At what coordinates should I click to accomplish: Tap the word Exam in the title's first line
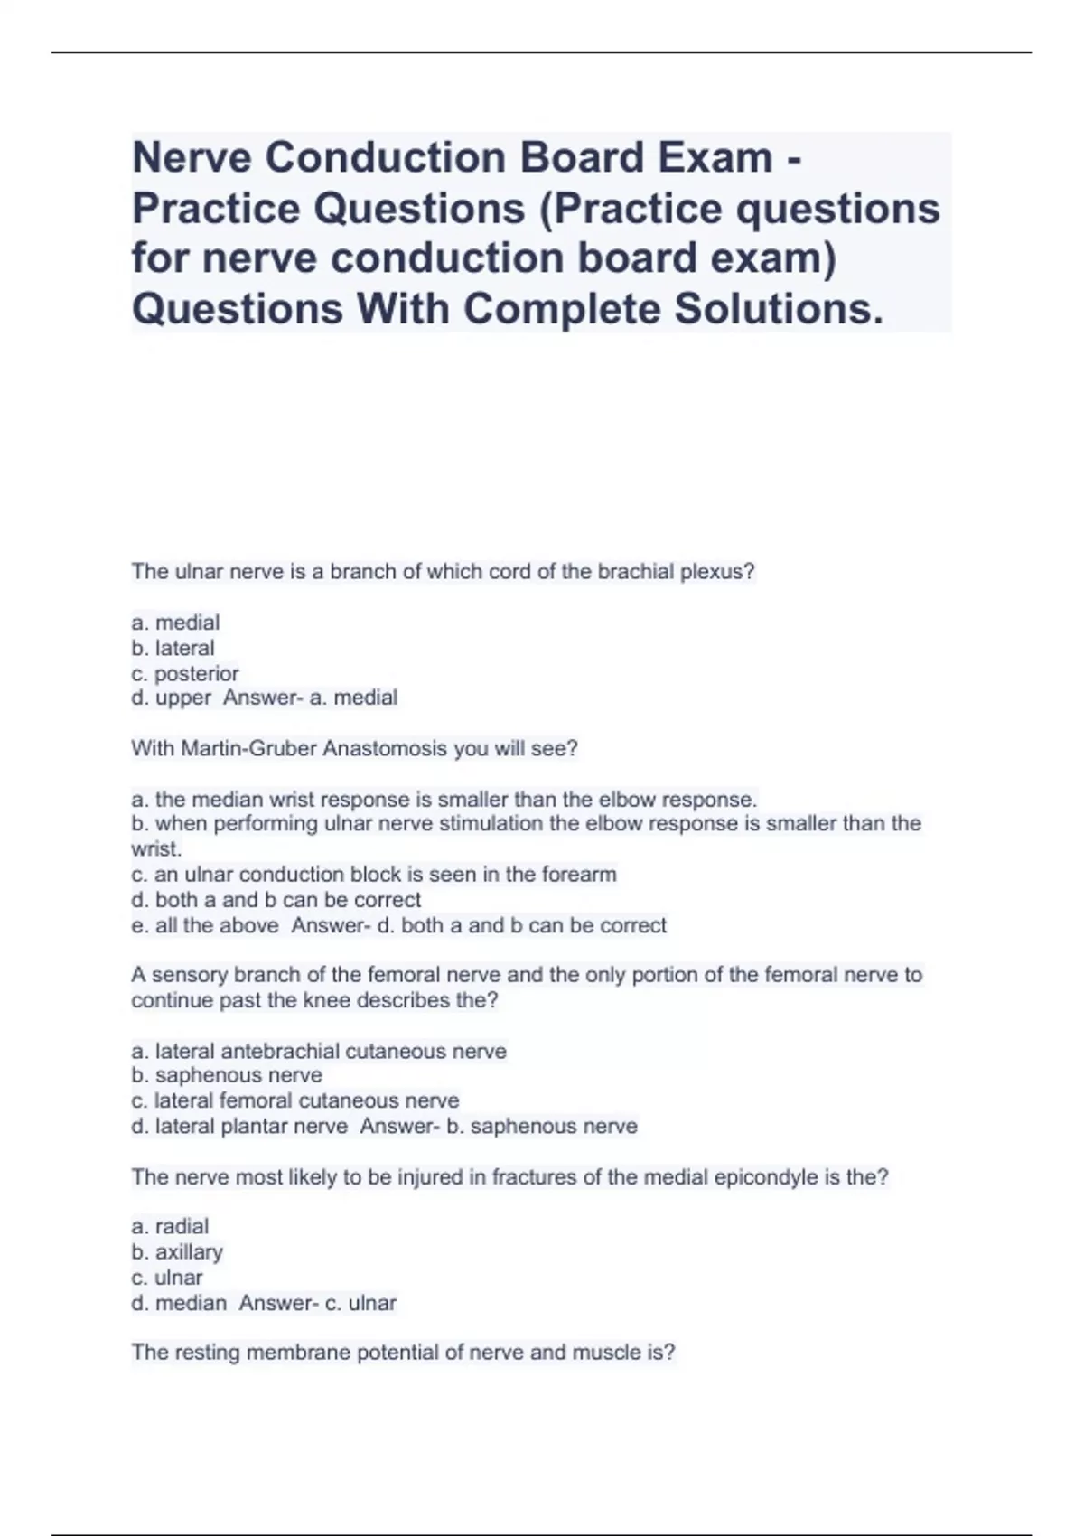715,157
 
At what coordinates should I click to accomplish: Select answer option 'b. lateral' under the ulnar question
173,648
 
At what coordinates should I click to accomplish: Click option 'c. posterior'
185,673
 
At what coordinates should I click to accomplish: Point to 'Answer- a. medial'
310,698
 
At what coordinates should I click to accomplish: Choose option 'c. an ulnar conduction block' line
374,874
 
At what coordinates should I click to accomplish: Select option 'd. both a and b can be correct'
276,900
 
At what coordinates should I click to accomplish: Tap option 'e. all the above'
204,925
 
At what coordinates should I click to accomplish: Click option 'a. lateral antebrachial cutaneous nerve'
319,1051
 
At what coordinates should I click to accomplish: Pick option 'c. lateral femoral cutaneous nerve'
294,1100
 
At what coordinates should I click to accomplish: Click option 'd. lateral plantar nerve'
239,1126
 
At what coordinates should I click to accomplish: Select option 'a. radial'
170,1226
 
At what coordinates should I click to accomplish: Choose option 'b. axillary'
177,1251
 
